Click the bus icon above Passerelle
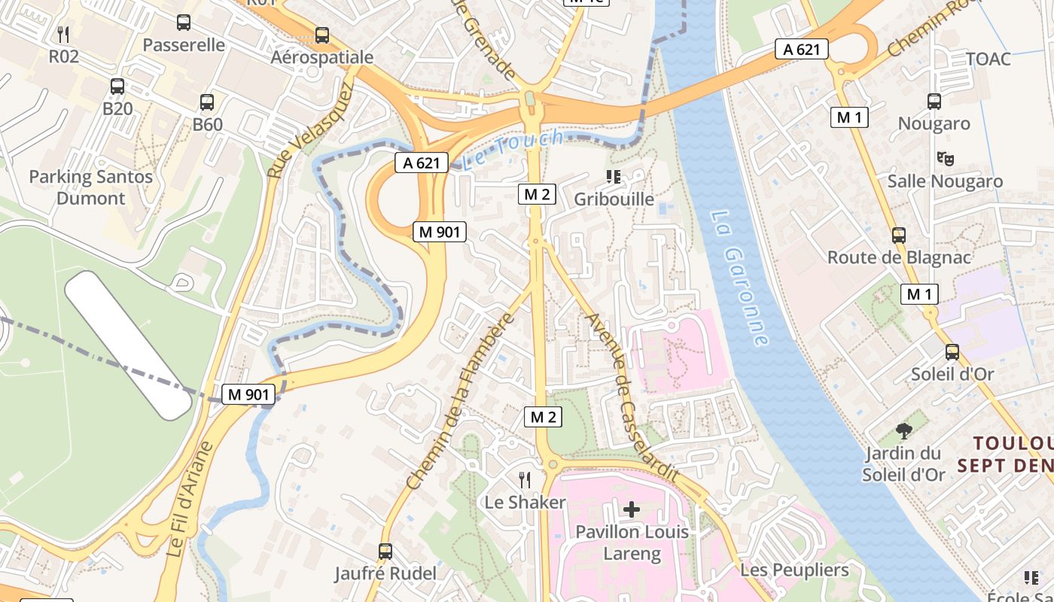coord(184,23)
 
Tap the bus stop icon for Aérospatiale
coord(322,35)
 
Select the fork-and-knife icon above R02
coord(64,34)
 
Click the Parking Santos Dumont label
coord(90,188)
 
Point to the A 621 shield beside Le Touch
coord(422,163)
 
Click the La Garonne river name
coord(739,278)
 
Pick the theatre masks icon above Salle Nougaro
coord(945,159)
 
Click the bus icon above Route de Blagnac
coord(898,236)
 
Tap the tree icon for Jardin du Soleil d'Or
coord(904,431)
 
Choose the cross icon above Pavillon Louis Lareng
coord(632,509)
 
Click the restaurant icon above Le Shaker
coord(525,479)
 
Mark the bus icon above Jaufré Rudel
coord(385,552)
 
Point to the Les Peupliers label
coord(794,570)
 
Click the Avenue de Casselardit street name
coord(631,399)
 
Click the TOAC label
coord(988,59)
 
